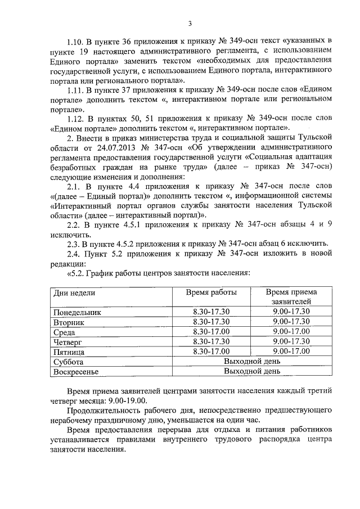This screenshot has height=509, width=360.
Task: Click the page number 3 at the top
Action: pos(190,23)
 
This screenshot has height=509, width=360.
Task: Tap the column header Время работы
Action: pos(211,292)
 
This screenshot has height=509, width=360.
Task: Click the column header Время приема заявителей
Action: pos(291,297)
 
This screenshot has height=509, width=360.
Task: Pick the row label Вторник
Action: pos(69,322)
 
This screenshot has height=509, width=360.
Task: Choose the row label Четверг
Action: pos(68,341)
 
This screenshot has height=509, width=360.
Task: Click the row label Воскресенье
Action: pos(76,372)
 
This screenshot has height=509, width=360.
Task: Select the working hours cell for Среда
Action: pos(211,332)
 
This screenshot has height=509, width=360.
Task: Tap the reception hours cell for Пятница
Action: pos(291,352)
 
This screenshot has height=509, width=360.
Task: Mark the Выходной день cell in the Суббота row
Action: pos(251,362)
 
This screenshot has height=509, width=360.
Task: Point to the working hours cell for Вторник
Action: pos(211,322)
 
